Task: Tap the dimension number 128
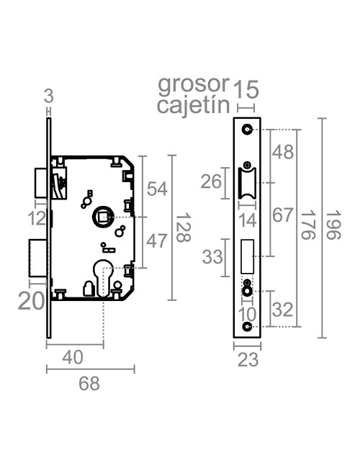pos(186,228)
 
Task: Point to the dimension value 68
pos(89,384)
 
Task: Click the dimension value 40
pos(72,357)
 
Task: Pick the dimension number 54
pos(157,189)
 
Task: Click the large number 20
pos(32,300)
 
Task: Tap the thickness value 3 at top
pos(48,95)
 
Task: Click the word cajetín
pos(193,107)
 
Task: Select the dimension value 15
pos(246,90)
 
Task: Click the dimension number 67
pos(282,216)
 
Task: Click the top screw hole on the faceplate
pos(247,130)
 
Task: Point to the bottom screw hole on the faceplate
pos(247,328)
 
